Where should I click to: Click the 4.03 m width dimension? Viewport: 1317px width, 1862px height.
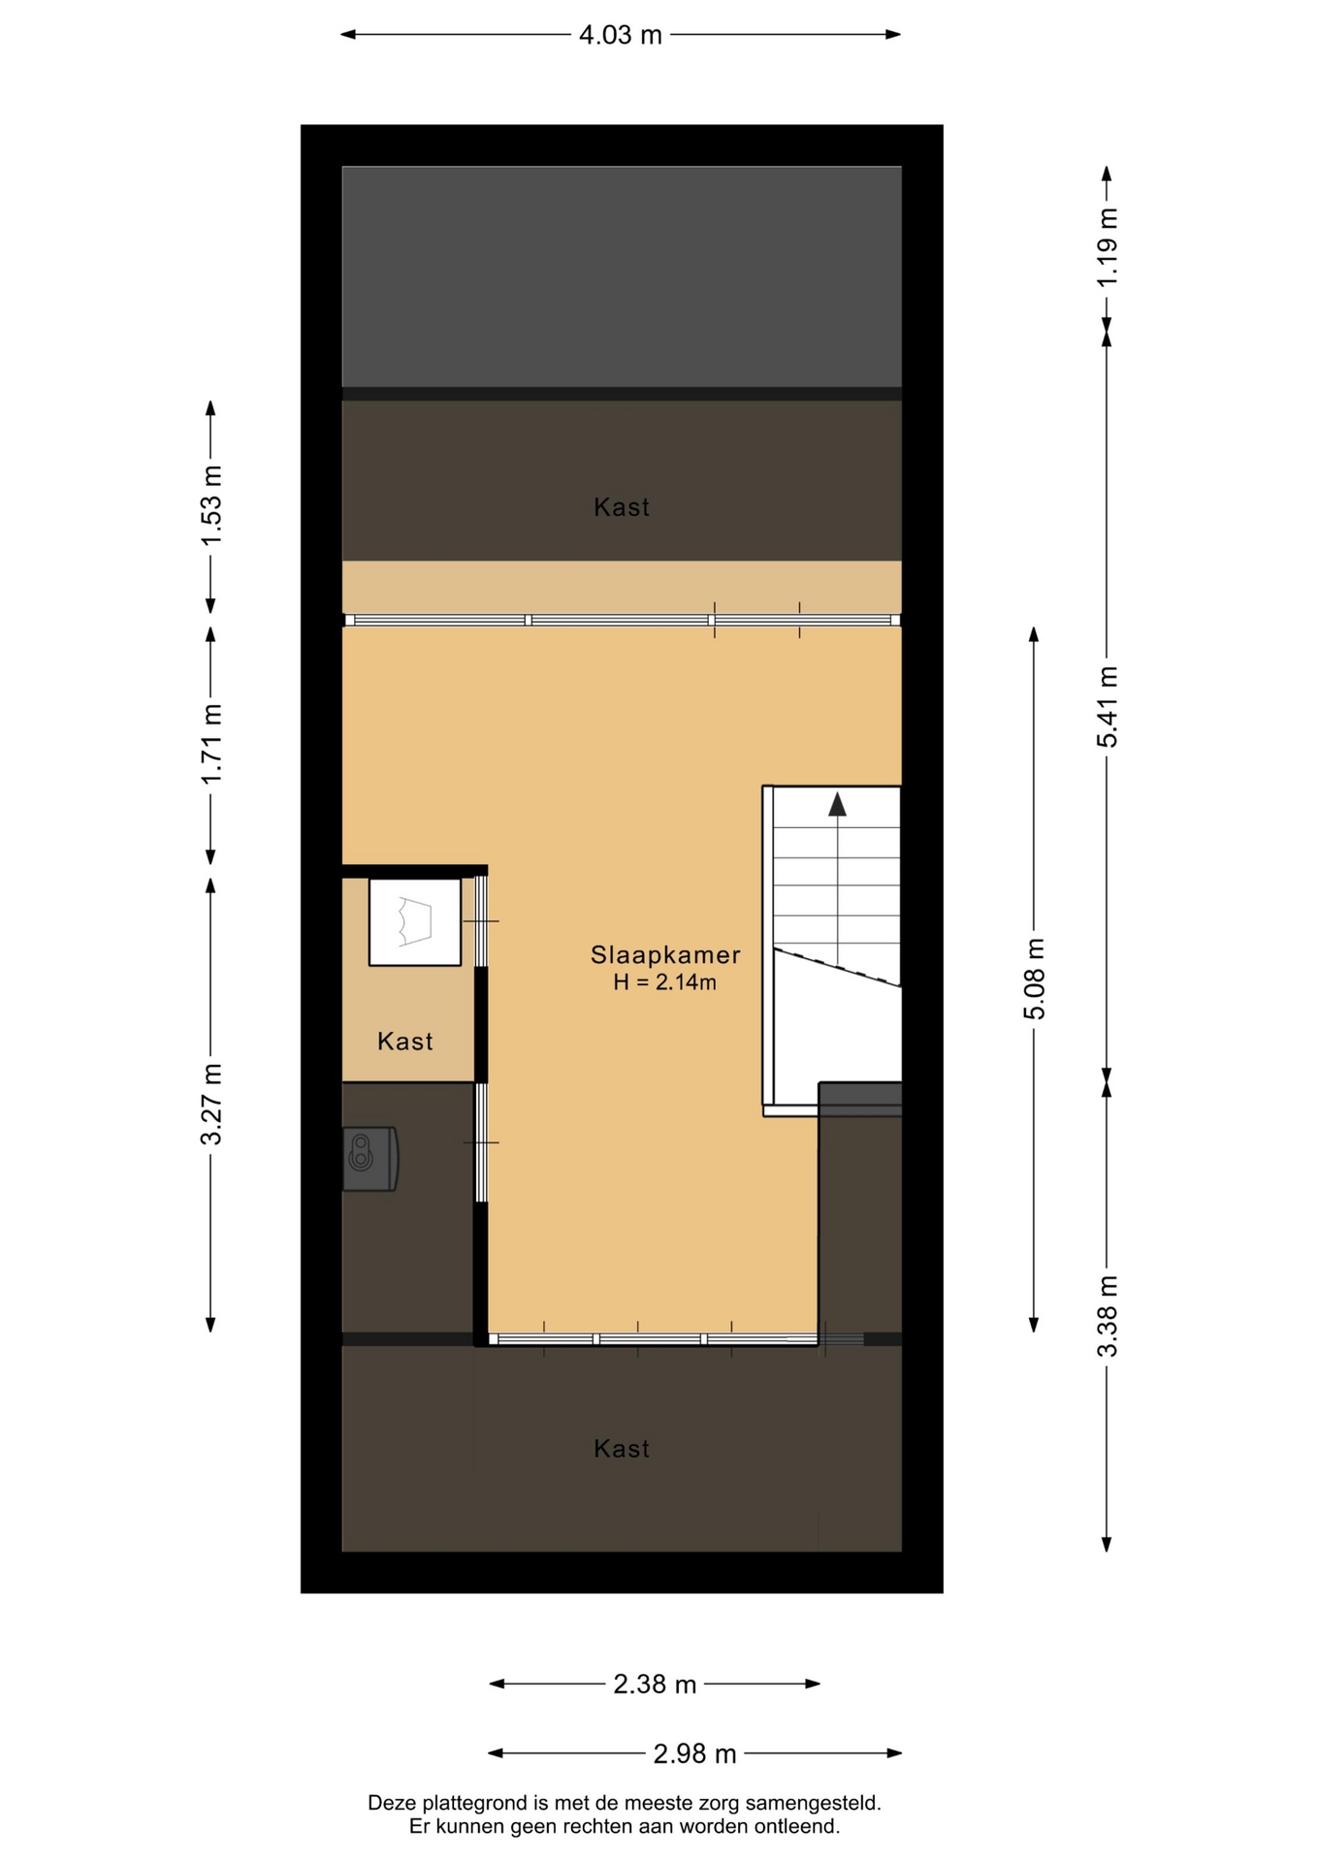[621, 35]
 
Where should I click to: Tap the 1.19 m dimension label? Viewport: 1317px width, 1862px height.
[1107, 247]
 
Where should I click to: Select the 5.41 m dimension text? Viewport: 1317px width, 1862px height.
[1107, 707]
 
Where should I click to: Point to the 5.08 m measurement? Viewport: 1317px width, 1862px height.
[1034, 979]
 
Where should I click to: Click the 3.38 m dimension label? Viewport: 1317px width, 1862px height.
[1107, 1316]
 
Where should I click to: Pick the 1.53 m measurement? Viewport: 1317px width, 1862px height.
[210, 505]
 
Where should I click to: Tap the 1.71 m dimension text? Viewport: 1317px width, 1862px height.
[210, 745]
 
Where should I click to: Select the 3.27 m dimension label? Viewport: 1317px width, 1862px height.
[210, 1104]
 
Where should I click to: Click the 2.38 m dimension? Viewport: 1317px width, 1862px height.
[655, 1685]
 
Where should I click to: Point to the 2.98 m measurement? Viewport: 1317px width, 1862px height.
[694, 1753]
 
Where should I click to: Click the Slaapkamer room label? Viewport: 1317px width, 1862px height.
[665, 955]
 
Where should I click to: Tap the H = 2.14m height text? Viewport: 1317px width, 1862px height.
[664, 982]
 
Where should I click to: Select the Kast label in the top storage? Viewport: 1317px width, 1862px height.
[622, 507]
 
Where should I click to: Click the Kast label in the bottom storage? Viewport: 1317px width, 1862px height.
[622, 1449]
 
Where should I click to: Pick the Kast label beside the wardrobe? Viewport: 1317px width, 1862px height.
[404, 1042]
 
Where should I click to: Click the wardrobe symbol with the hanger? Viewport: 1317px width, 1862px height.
[415, 921]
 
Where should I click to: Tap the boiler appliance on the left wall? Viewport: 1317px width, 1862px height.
[370, 1159]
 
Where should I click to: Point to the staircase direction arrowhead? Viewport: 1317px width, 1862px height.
[837, 804]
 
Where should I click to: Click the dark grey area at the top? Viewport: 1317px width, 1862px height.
[622, 276]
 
